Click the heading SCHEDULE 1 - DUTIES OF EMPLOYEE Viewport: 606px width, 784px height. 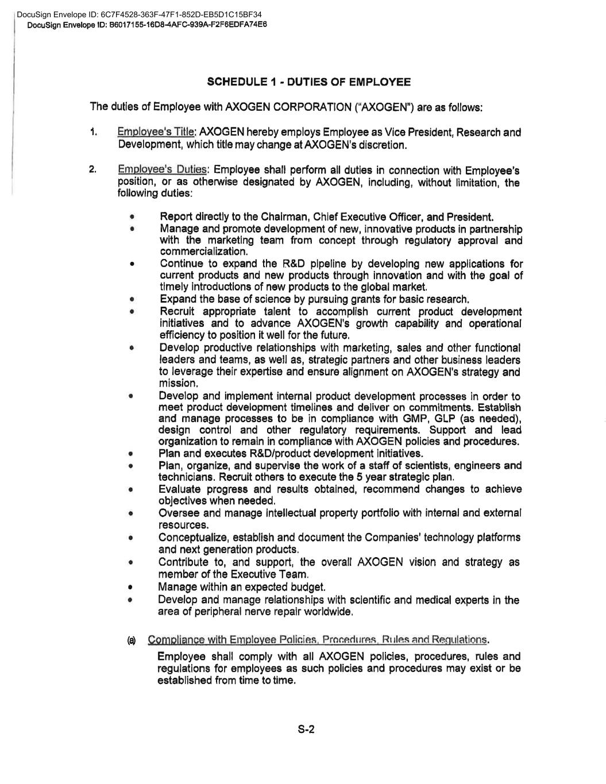pos(308,82)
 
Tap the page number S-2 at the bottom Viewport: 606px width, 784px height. pos(306,730)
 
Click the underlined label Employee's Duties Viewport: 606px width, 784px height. pos(162,170)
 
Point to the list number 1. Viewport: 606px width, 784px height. pos(93,133)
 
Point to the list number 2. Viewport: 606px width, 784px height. pos(93,170)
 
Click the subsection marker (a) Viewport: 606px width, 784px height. pos(132,640)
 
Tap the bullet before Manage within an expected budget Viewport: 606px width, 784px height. pos(132,588)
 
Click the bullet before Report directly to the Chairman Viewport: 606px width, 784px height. pos(132,218)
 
